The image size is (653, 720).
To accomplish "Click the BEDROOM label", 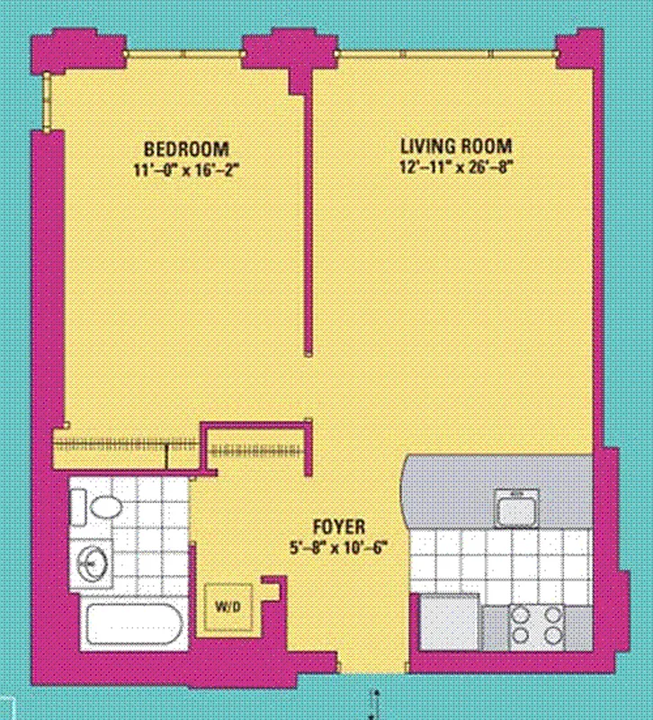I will point(187,148).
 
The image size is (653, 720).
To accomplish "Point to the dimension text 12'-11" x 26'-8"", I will point(456,166).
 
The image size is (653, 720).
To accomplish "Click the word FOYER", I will point(337,526).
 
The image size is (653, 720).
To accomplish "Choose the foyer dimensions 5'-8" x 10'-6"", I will point(337,545).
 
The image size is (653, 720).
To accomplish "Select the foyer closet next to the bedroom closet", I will point(260,449).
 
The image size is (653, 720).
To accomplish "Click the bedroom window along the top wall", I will point(183,54).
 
